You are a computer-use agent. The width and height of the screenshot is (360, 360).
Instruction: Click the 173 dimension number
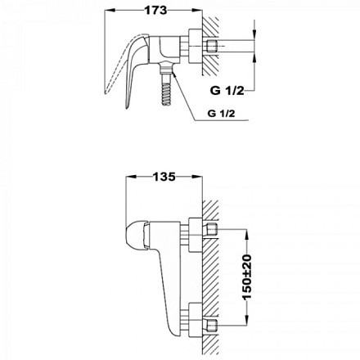click(x=151, y=12)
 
